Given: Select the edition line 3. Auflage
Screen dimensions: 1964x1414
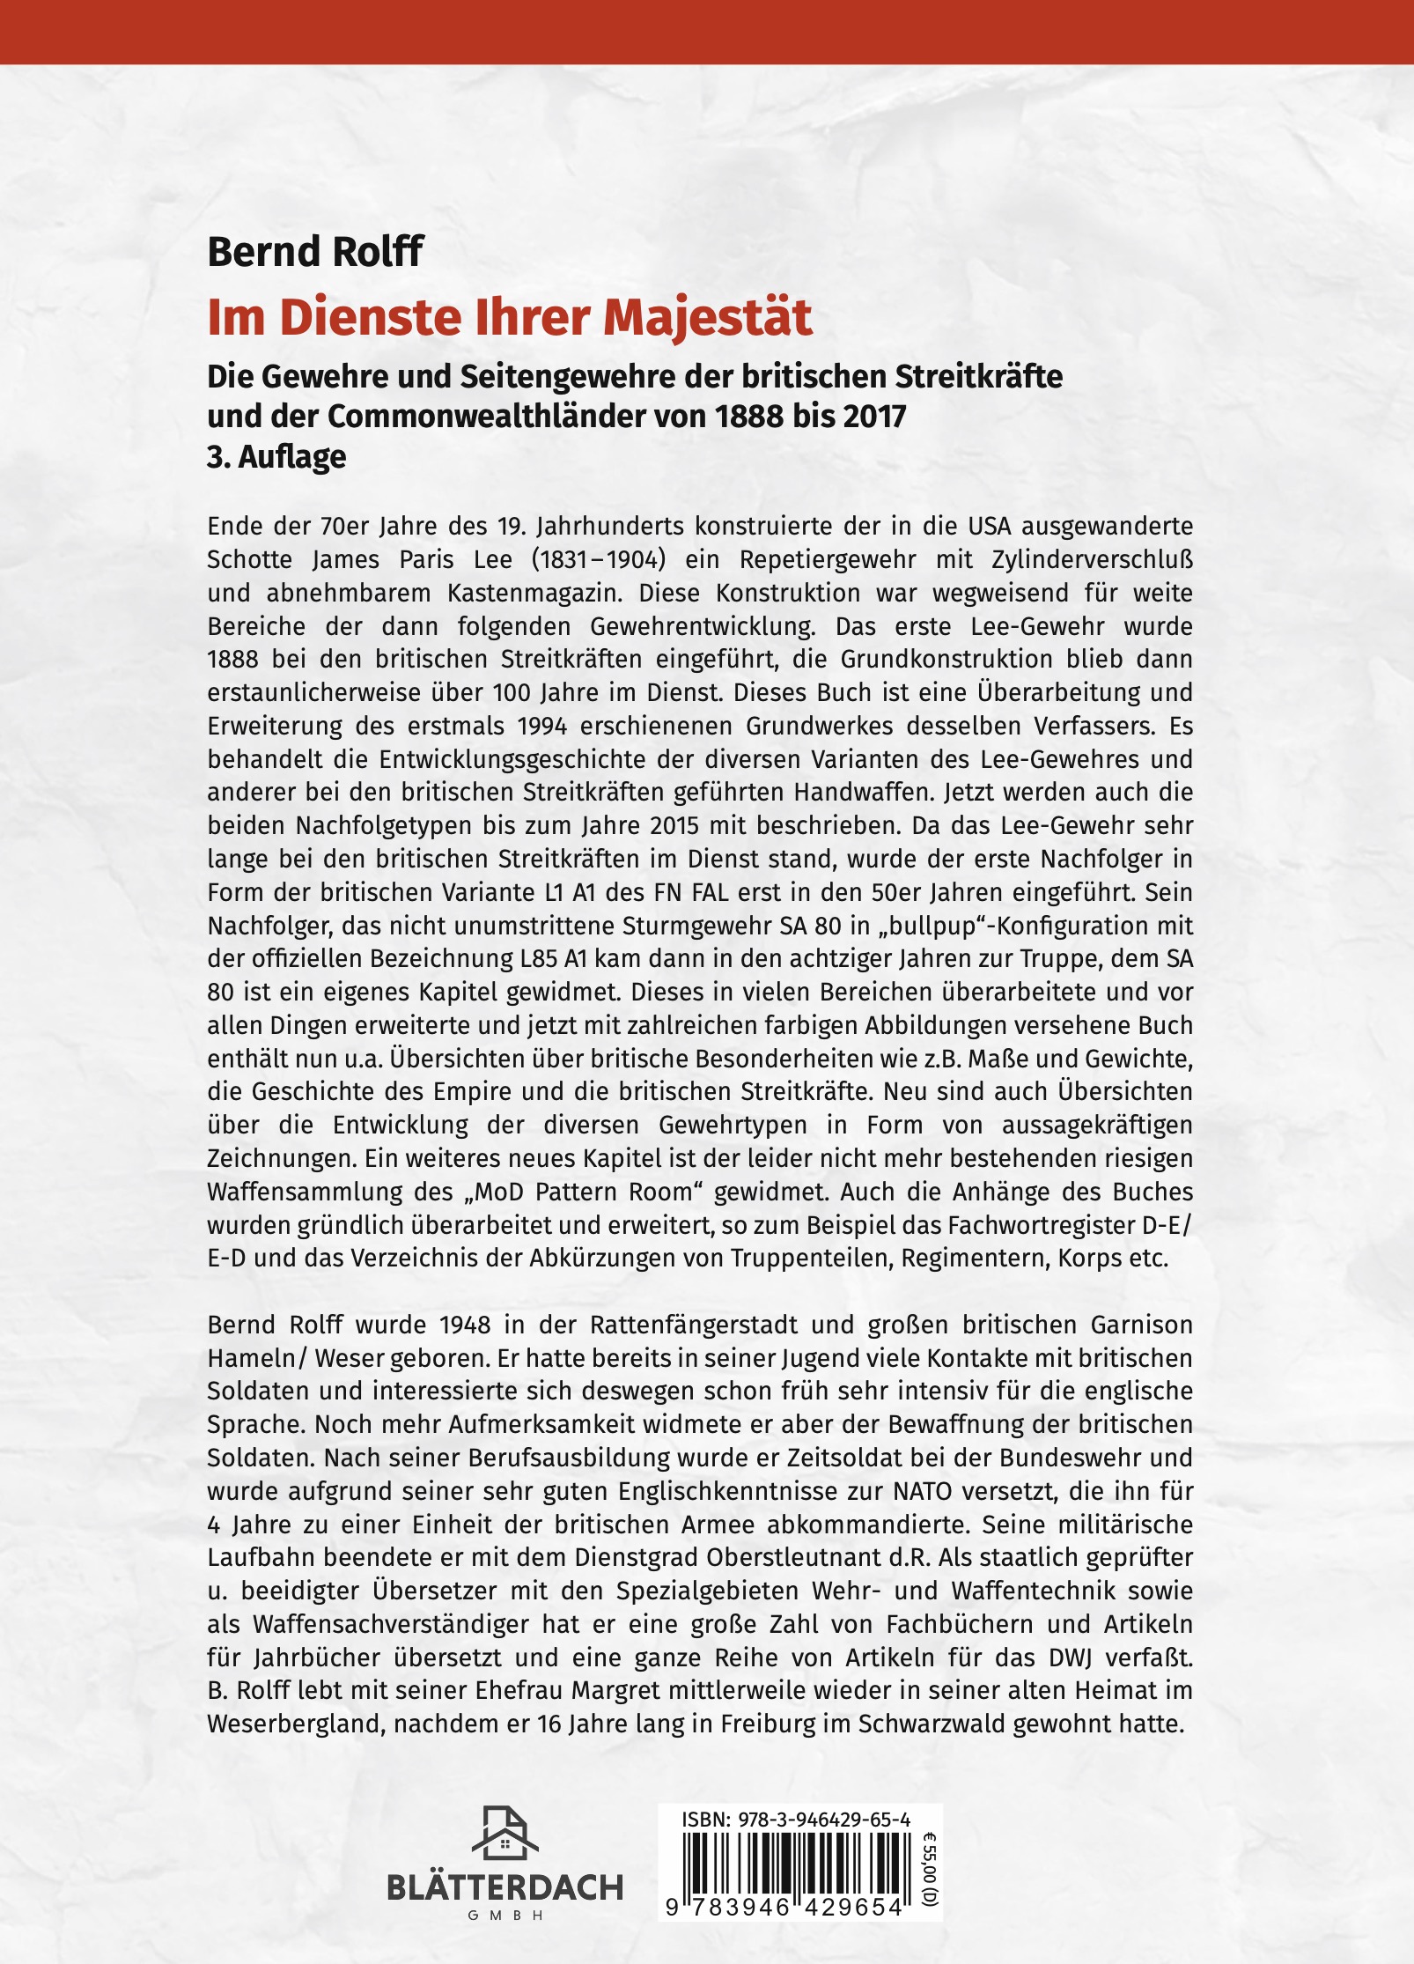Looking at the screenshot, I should [x=276, y=457].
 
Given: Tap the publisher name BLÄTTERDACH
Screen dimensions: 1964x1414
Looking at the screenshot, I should [x=504, y=1886].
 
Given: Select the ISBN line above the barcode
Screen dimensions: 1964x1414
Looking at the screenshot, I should [x=796, y=1820].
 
